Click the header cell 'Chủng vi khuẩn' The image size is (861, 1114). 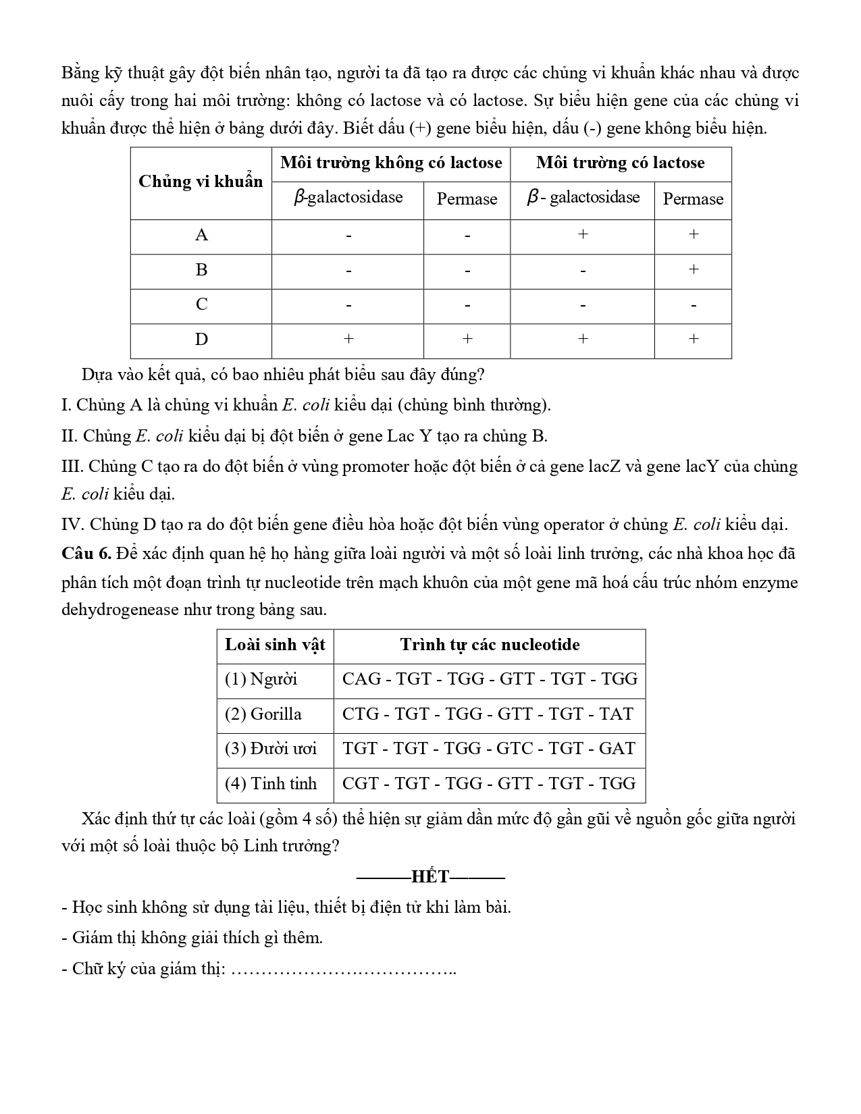pyautogui.click(x=201, y=182)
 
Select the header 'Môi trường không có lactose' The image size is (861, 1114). pyautogui.click(x=391, y=163)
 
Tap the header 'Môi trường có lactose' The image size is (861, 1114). pyautogui.click(x=620, y=163)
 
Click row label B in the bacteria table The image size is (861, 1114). pyautogui.click(x=201, y=270)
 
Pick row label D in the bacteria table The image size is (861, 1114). pyautogui.click(x=201, y=340)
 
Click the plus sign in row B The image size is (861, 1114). pyautogui.click(x=693, y=269)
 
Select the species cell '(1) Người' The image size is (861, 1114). pyautogui.click(x=261, y=679)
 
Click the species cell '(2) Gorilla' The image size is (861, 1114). pyautogui.click(x=263, y=714)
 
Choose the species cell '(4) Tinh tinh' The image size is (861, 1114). pyautogui.click(x=270, y=784)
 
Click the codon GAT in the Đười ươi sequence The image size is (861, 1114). pyautogui.click(x=617, y=749)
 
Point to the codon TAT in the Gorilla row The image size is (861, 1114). pyautogui.click(x=616, y=714)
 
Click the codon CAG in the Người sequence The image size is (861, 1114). pyautogui.click(x=361, y=679)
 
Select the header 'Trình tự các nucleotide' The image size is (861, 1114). pyautogui.click(x=490, y=645)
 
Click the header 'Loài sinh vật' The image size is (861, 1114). pyautogui.click(x=275, y=645)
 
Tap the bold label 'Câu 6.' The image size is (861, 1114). pyautogui.click(x=86, y=554)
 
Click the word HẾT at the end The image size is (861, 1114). pyautogui.click(x=430, y=877)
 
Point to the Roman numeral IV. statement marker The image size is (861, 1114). pyautogui.click(x=72, y=525)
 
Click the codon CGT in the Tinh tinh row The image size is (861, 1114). pyautogui.click(x=361, y=784)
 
